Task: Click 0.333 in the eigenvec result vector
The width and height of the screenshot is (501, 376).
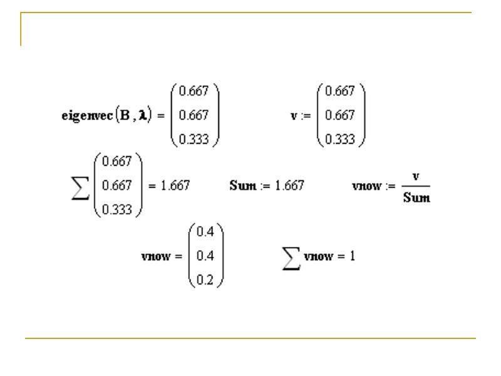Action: (194, 140)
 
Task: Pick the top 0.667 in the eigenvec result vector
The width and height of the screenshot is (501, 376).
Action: (194, 91)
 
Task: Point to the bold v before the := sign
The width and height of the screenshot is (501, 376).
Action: (293, 116)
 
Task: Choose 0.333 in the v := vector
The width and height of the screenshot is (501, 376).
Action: (340, 140)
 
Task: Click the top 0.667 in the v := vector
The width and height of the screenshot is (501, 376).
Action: (340, 91)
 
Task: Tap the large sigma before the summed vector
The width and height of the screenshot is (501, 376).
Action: (80, 186)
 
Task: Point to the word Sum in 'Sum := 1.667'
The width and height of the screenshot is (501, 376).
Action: (243, 186)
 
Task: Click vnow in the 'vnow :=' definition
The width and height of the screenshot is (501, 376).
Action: (366, 186)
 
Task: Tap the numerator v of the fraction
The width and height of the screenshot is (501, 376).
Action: (416, 176)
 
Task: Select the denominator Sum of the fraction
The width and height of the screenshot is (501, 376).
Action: (416, 198)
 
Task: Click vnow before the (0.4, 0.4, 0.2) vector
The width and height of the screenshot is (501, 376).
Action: (157, 257)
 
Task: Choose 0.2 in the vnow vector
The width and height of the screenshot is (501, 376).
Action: (205, 281)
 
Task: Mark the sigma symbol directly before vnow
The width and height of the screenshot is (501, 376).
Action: (291, 257)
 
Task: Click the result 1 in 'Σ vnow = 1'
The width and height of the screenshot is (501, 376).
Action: (353, 257)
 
